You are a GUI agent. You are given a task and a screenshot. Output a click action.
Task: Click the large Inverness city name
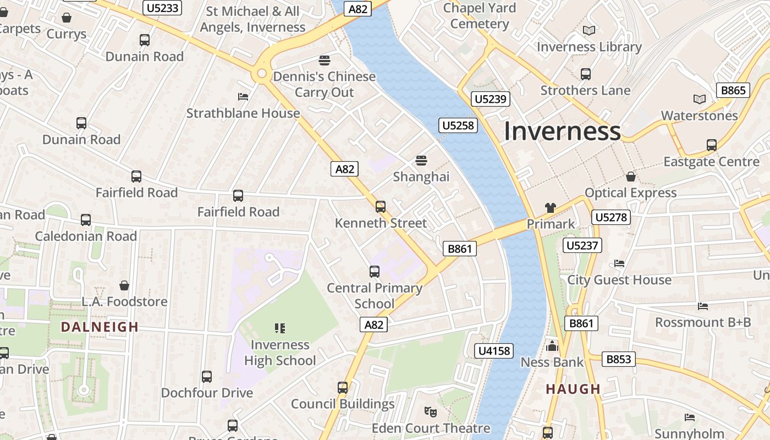tap(562, 131)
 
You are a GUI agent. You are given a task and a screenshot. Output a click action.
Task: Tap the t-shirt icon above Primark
tap(551, 208)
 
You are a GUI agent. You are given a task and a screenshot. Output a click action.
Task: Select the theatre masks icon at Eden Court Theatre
tap(431, 411)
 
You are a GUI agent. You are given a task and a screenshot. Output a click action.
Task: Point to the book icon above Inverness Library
tap(589, 31)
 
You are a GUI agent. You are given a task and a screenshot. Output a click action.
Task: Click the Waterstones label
tap(699, 116)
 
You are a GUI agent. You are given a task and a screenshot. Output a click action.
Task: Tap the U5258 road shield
tap(458, 125)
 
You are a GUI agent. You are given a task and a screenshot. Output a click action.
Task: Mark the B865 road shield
tap(733, 90)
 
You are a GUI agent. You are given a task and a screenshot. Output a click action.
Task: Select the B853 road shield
tap(619, 359)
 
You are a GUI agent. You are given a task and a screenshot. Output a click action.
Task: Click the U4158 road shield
tap(494, 350)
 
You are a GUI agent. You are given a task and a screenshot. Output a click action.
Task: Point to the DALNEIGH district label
tap(100, 327)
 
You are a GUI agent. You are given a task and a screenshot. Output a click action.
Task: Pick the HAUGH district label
tap(573, 389)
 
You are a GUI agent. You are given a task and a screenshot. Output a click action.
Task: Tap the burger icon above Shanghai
tap(421, 161)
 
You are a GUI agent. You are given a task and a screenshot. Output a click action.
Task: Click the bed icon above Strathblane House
tap(243, 97)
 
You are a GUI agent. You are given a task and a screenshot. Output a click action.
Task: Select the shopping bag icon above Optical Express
tap(631, 177)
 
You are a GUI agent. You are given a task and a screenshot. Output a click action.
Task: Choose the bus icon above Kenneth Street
tap(381, 207)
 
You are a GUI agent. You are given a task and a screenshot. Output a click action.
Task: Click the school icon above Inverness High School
tap(280, 328)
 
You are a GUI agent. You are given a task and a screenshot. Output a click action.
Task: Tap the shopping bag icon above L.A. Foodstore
tap(124, 285)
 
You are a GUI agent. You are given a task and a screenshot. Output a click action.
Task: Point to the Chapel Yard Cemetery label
tap(479, 16)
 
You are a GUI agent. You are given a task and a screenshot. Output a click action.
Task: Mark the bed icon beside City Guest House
tap(619, 263)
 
